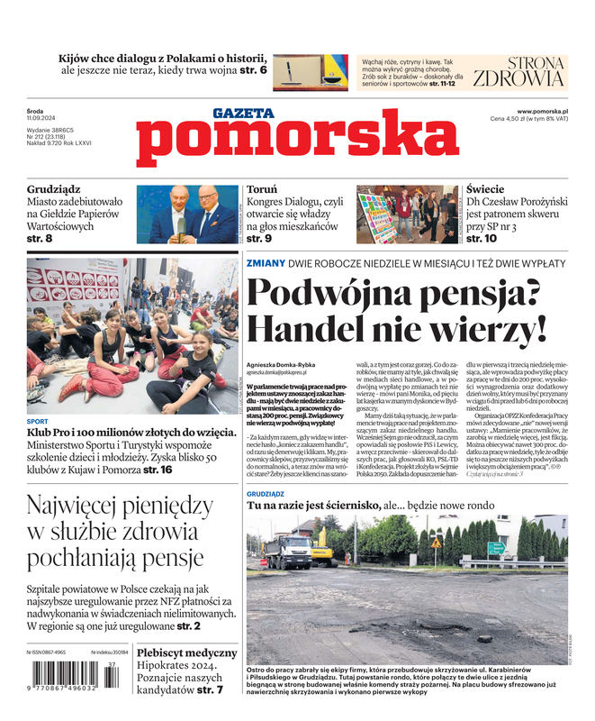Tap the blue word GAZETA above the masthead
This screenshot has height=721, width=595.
[243, 114]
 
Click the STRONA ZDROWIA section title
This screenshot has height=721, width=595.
[519, 72]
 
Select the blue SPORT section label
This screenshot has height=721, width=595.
[38, 421]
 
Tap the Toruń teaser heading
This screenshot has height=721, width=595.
[263, 190]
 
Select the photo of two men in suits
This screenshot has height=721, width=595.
[187, 214]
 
